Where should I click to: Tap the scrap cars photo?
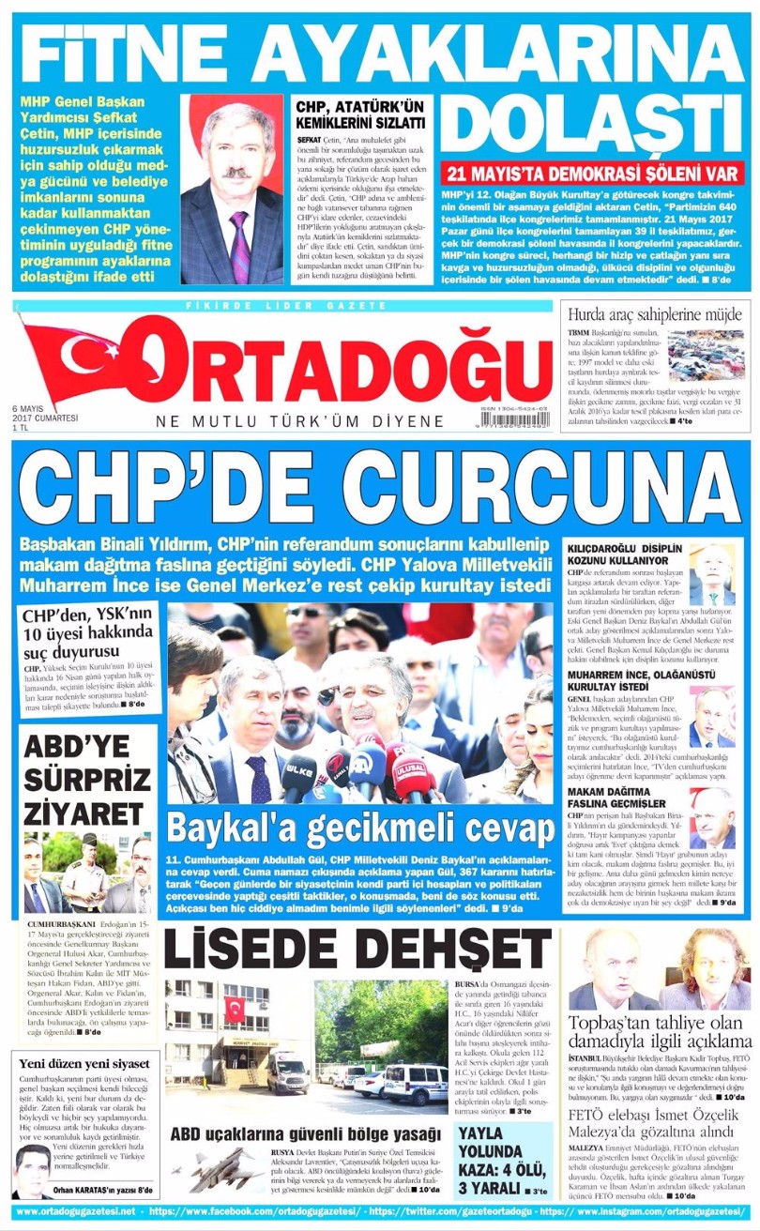coord(707,353)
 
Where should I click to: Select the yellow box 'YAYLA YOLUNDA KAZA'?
coord(501,1161)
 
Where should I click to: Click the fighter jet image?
coord(212,1169)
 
